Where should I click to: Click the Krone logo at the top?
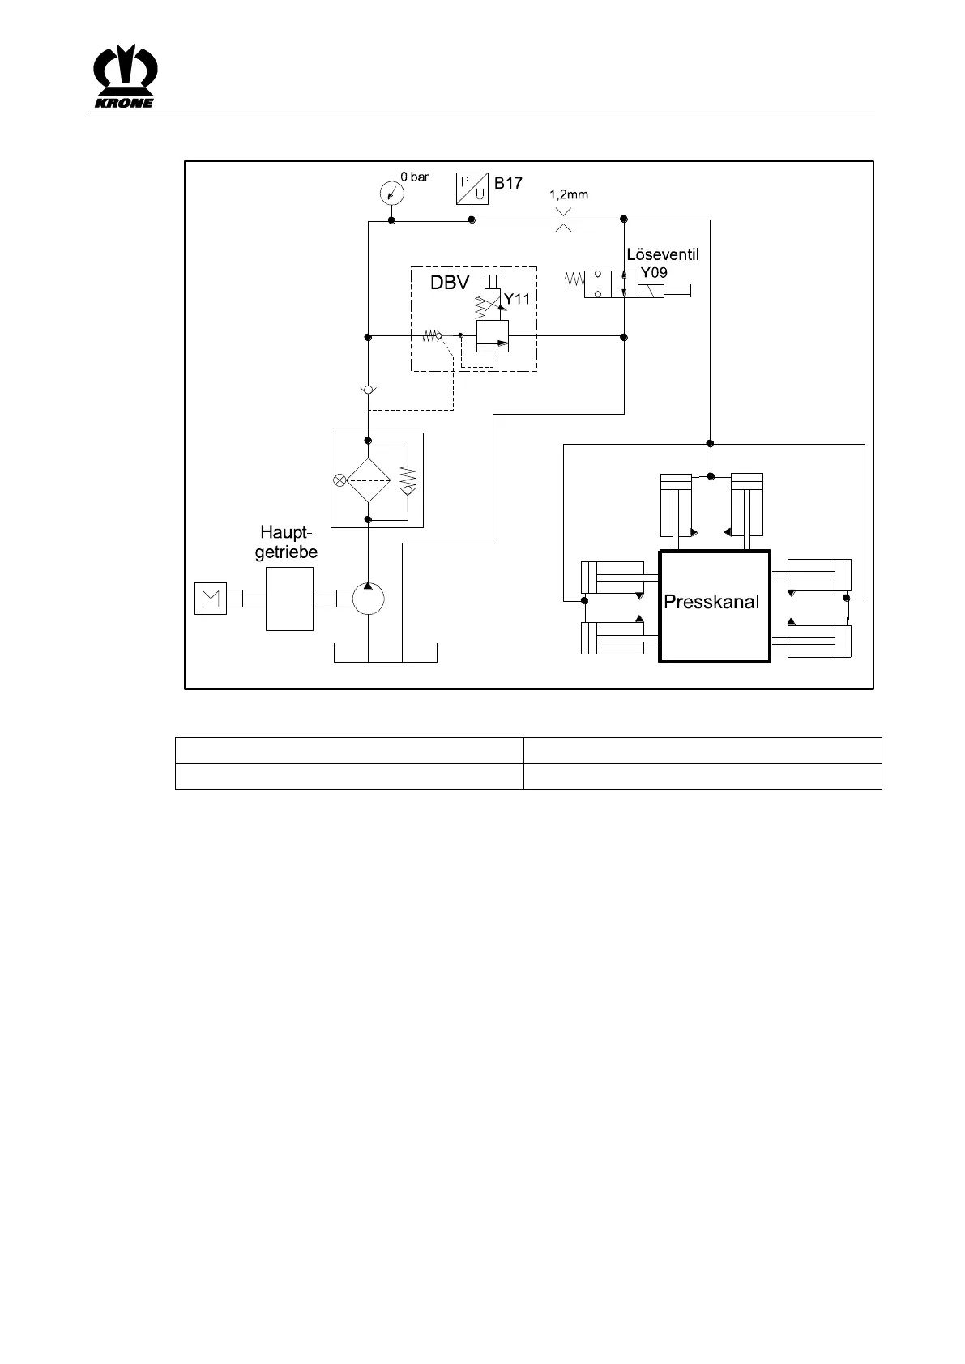point(126,76)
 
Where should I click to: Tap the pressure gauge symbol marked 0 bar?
point(391,194)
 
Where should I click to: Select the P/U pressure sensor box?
point(472,188)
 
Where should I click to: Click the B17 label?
point(509,183)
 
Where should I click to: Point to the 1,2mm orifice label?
point(568,194)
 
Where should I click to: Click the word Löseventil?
point(662,254)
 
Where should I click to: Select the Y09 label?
point(654,273)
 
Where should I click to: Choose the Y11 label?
point(516,299)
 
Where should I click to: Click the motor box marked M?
point(211,599)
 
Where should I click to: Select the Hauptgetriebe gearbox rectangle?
point(289,599)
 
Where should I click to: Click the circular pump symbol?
point(368,599)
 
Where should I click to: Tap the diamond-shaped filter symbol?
point(369,480)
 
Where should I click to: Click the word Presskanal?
point(711,602)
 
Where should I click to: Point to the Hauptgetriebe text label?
point(286,542)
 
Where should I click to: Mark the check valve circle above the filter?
point(368,390)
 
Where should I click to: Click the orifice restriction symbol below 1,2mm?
point(564,220)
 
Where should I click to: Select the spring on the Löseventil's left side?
point(574,280)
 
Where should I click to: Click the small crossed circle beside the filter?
point(339,480)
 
